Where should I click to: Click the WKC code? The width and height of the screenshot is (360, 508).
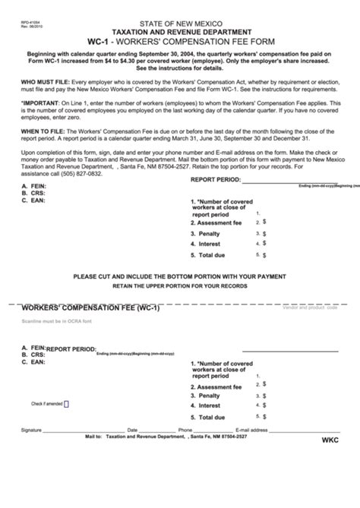(x=332, y=440)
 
